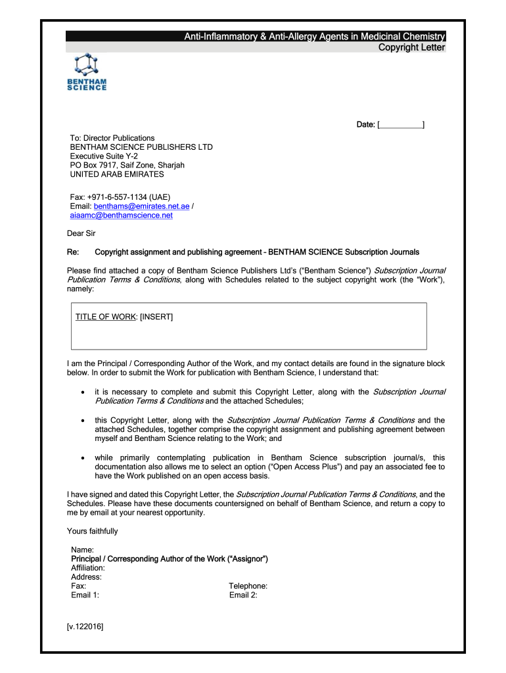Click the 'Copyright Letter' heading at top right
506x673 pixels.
click(x=412, y=47)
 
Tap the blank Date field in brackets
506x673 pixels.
click(x=401, y=124)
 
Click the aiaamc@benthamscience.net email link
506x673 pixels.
click(x=122, y=215)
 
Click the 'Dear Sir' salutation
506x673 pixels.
click(x=81, y=233)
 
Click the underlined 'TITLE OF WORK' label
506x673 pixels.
click(x=105, y=317)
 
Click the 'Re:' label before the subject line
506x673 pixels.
click(x=73, y=252)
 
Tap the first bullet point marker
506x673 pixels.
click(x=81, y=392)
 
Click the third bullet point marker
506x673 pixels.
click(x=81, y=458)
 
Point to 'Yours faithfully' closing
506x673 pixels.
click(x=93, y=531)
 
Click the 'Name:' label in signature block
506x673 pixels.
click(x=82, y=549)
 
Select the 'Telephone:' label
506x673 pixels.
click(x=248, y=586)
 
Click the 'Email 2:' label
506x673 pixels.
click(x=243, y=595)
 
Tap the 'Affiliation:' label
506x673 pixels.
click(x=87, y=568)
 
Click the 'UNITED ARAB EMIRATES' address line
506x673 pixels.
click(x=117, y=175)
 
